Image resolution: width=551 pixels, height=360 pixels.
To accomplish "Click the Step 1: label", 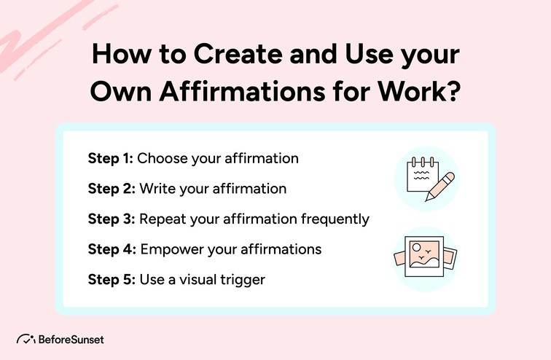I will point(111,158).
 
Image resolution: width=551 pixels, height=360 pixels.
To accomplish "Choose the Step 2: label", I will point(112,189).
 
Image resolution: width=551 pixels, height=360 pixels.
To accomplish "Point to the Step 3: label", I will point(112,219).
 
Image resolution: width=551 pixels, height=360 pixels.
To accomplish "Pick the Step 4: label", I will point(112,249).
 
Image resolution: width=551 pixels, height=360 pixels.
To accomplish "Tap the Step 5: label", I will point(112,279).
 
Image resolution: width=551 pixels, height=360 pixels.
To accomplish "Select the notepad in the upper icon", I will point(421,175).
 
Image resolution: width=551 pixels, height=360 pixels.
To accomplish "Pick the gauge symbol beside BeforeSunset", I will point(26,340).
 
